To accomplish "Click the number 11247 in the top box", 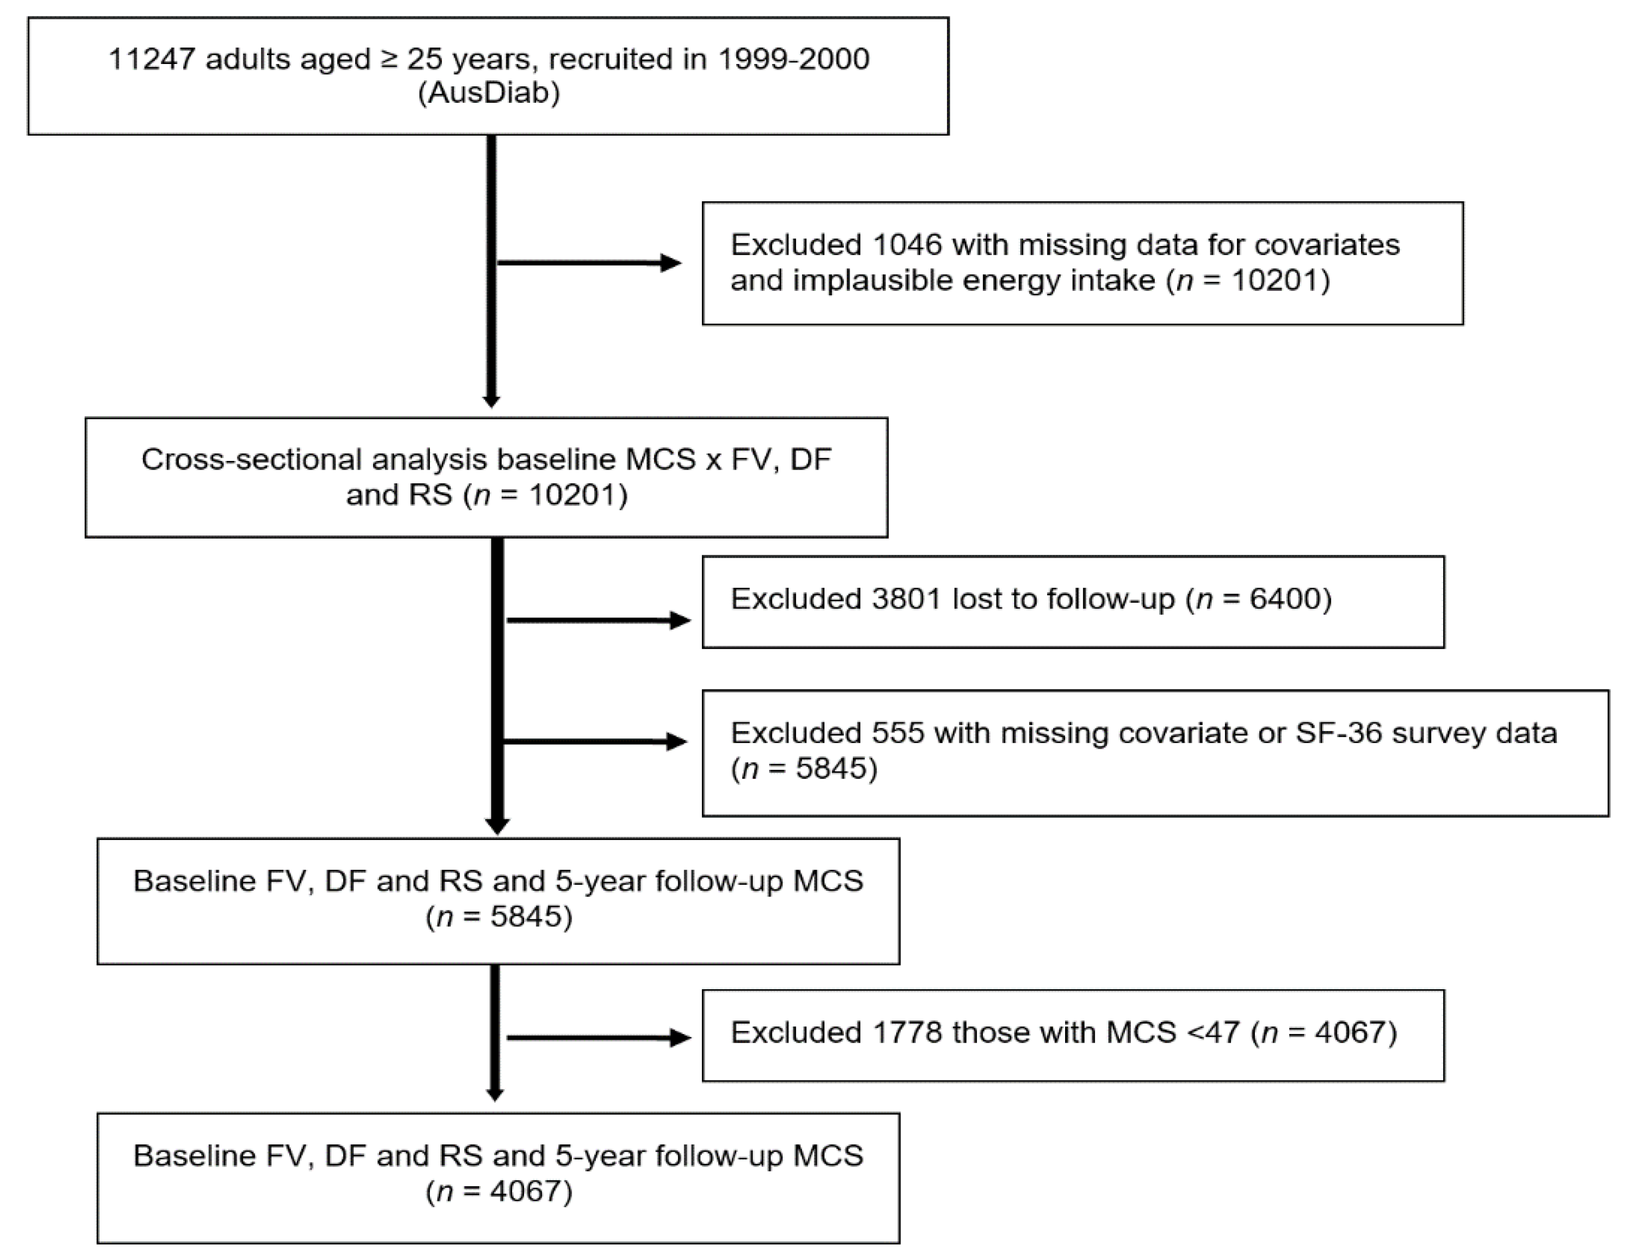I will tap(152, 59).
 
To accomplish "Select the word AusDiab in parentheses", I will tap(489, 93).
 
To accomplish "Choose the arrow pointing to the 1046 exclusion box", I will tap(589, 263).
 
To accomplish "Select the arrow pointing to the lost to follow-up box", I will tap(598, 620).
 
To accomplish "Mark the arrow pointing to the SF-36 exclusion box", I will tap(594, 742).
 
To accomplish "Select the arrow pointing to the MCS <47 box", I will tap(598, 1037).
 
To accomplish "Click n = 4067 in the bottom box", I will tap(499, 1191).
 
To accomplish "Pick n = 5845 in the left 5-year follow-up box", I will tap(499, 916).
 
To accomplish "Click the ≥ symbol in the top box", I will tap(388, 59).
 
